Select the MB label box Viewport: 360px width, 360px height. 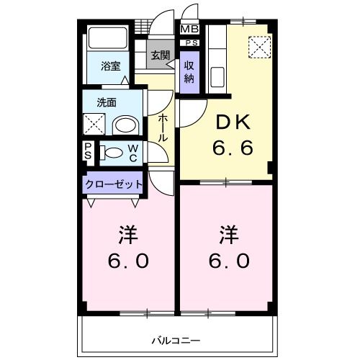189,29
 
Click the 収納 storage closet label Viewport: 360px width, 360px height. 189,72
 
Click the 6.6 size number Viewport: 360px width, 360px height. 231,150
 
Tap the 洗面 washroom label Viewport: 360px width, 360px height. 107,102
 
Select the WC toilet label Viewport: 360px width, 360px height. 134,152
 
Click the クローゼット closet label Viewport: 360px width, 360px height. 114,184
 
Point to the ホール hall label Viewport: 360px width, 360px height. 163,127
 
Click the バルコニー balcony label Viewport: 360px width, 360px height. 176,339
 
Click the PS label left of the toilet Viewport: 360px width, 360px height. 89,152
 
